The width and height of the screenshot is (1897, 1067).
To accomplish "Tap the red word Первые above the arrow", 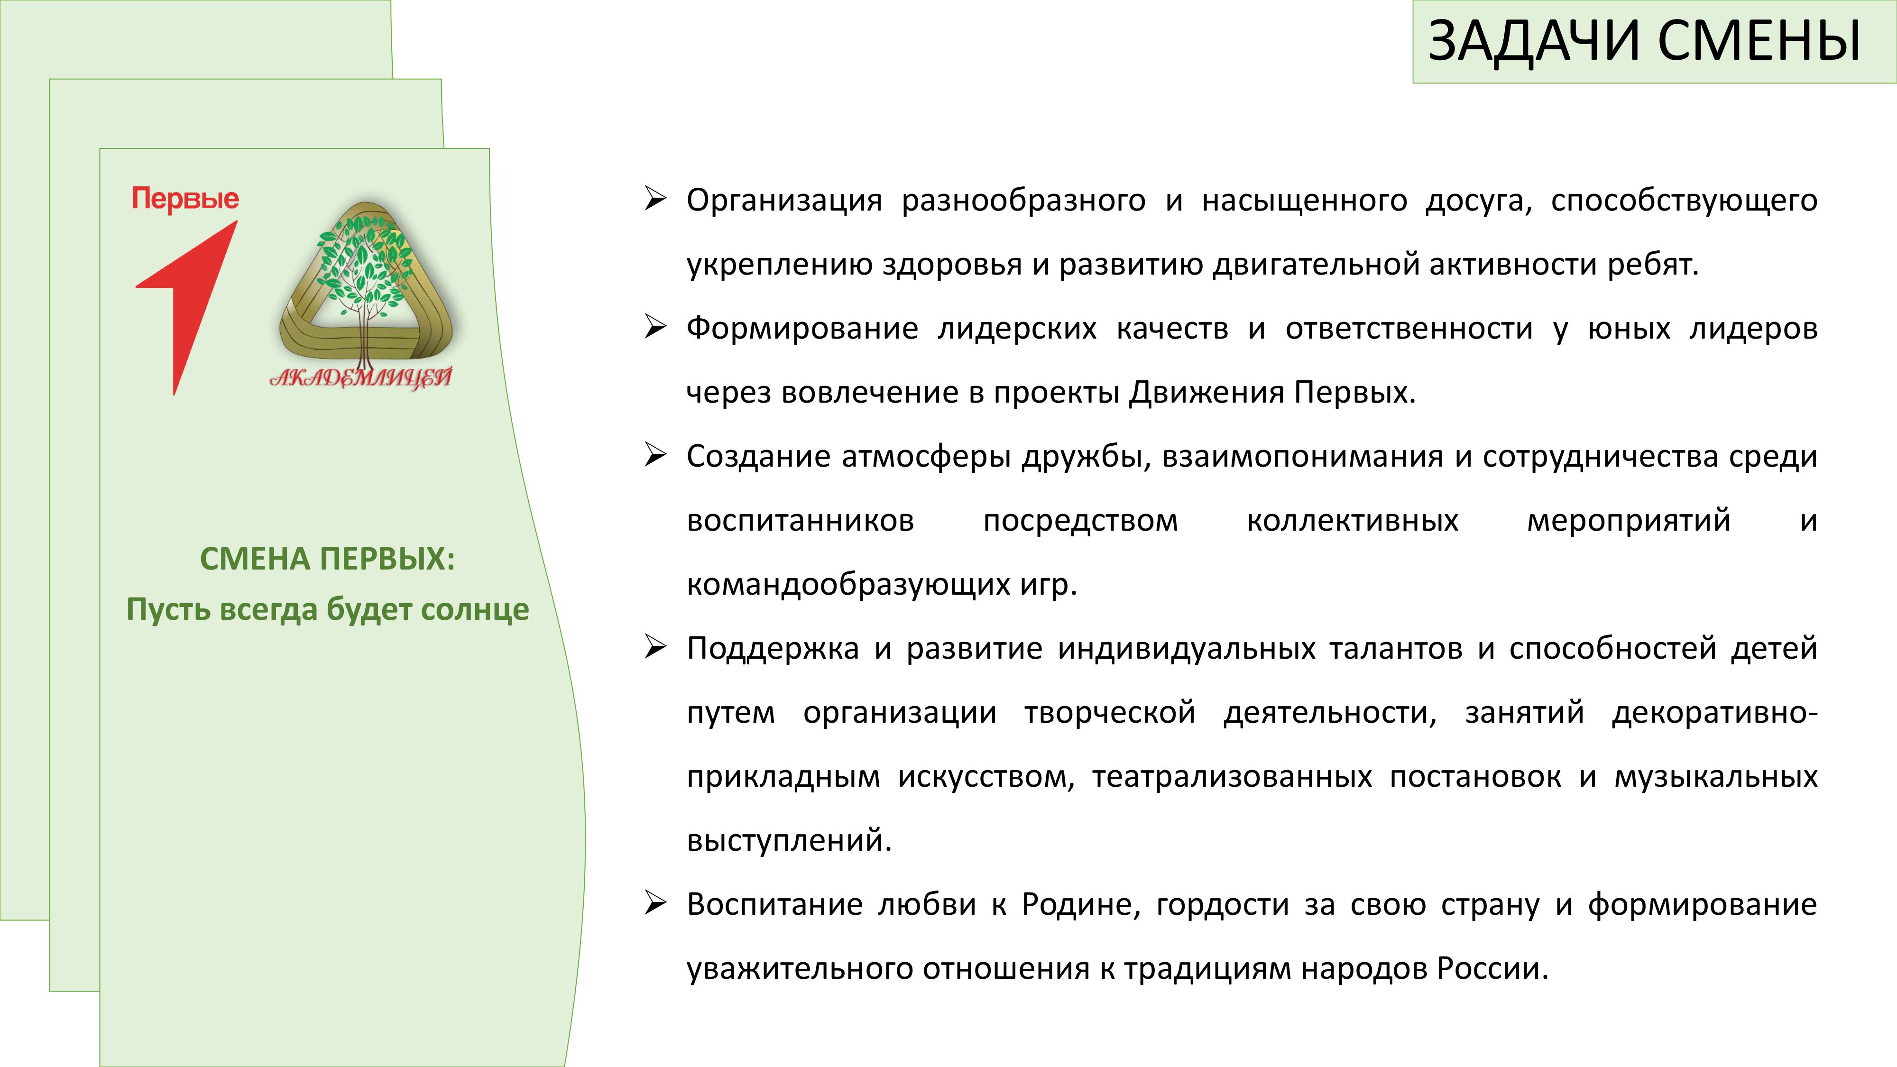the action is (185, 199).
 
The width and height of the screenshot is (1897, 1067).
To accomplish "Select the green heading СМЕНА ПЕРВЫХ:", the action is (328, 559).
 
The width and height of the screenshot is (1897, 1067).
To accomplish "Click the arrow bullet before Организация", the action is (654, 199).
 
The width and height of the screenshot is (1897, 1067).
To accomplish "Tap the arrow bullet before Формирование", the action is (654, 327).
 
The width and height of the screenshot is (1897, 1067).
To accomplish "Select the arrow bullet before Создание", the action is (654, 455).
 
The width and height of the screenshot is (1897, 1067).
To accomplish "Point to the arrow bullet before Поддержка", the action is (654, 647).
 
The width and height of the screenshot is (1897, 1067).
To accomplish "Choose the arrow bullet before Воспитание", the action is (654, 903).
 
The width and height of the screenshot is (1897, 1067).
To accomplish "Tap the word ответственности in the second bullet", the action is (1409, 329).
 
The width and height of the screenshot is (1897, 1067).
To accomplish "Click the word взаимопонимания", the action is (1302, 457).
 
